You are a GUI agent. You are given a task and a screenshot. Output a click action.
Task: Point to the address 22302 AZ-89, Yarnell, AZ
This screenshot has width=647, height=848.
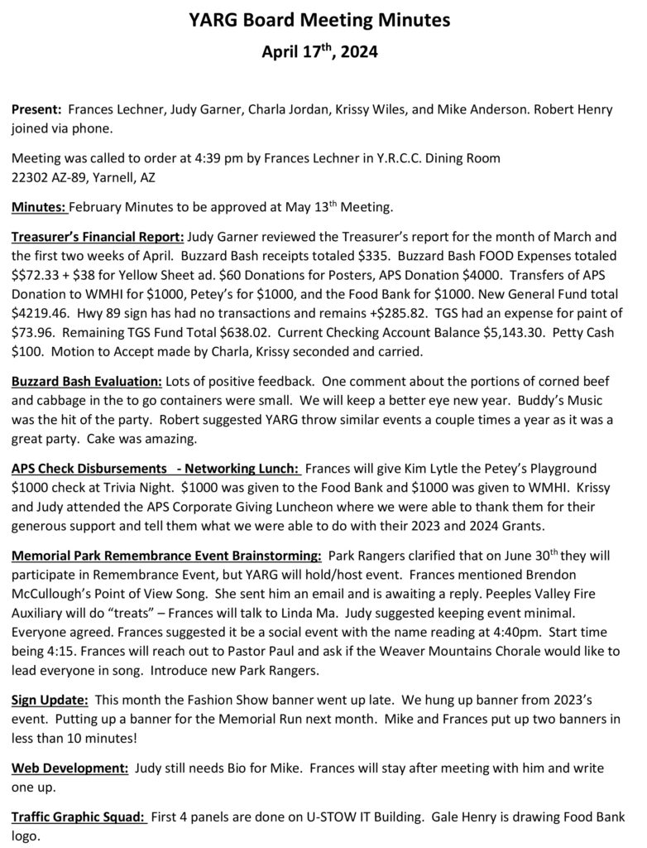[x=83, y=177]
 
